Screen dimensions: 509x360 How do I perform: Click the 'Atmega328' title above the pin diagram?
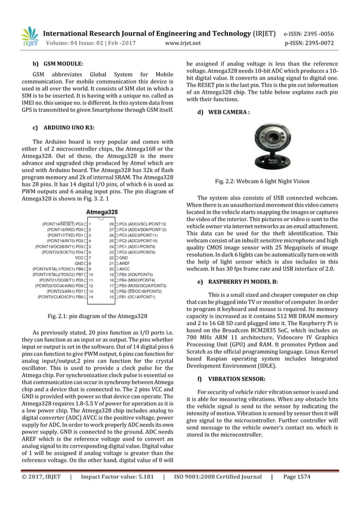pos(102,212)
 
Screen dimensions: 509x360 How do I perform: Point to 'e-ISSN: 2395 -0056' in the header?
pos(317,33)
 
